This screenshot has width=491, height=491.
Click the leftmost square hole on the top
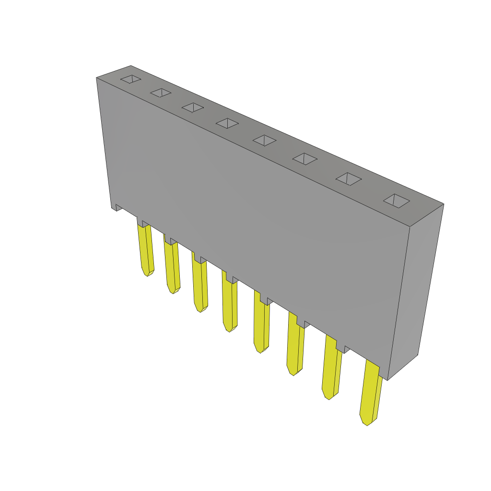pos(130,79)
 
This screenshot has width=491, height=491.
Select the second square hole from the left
pos(161,93)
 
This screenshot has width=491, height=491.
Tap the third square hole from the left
pos(193,107)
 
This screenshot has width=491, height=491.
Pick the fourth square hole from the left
pos(227,123)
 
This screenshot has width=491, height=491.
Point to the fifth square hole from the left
pos(265,140)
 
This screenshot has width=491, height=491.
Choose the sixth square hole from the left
pos(305,159)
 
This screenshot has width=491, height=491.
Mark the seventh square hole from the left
pos(349,179)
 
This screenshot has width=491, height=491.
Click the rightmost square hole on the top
pos(397,201)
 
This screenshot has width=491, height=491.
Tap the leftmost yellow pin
pos(145,249)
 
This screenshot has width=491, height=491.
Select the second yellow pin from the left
pos(171,266)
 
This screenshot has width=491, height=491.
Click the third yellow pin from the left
pos(199,285)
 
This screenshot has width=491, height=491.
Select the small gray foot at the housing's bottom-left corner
pos(117,207)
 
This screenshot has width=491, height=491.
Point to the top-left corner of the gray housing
pos(97,78)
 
